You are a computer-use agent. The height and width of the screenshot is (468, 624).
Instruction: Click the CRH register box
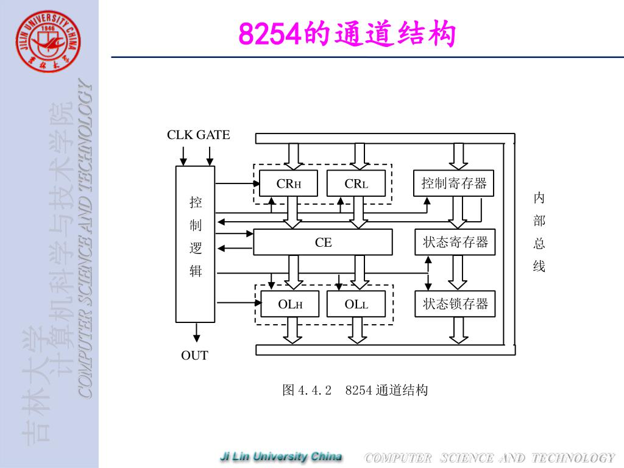point(288,183)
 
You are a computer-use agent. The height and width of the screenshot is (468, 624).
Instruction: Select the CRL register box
point(356,183)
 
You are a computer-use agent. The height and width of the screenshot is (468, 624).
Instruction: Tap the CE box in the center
point(323,243)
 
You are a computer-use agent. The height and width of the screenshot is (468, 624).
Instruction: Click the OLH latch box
point(290,304)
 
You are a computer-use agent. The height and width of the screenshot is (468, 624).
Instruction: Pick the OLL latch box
point(356,304)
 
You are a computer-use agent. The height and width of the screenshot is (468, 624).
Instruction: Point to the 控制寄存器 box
point(454,183)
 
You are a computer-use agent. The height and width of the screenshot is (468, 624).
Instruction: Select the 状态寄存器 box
point(455,242)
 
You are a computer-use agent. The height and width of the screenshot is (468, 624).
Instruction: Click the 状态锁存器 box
point(455,303)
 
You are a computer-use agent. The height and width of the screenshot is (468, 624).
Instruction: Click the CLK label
point(180,135)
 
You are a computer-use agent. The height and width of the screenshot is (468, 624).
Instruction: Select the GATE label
point(213,135)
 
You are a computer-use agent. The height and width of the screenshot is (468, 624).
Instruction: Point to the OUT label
point(194,355)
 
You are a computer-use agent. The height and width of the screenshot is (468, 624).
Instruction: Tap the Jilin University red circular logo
point(49,42)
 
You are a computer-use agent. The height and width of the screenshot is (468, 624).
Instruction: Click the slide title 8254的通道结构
point(347,34)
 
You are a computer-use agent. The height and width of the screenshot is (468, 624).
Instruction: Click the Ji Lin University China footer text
point(281,456)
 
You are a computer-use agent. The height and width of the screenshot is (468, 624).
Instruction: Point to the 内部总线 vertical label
point(539,232)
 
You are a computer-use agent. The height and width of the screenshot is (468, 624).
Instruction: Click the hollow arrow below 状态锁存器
point(457,330)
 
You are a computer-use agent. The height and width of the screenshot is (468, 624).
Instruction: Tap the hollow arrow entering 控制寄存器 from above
point(457,156)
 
